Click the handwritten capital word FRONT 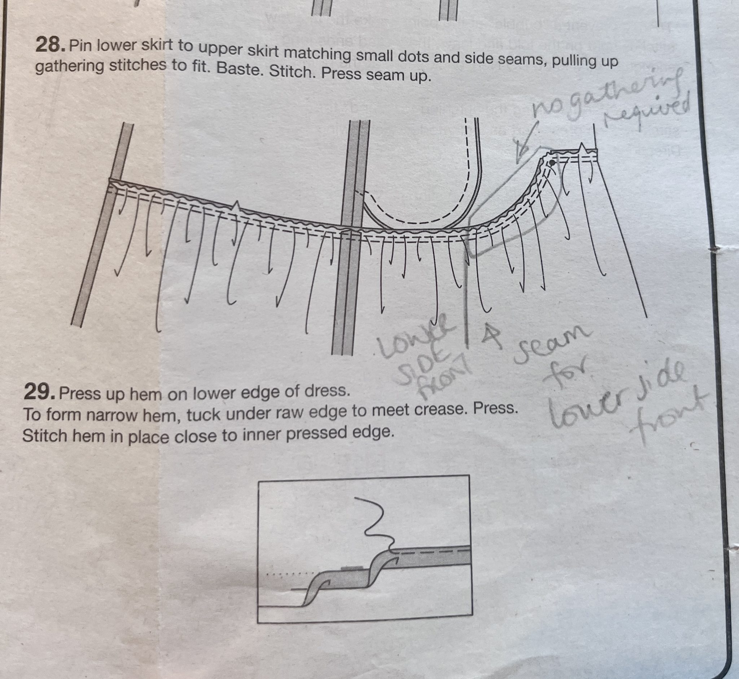click(x=441, y=382)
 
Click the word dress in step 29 click(x=328, y=391)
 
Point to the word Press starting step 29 click(x=77, y=394)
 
